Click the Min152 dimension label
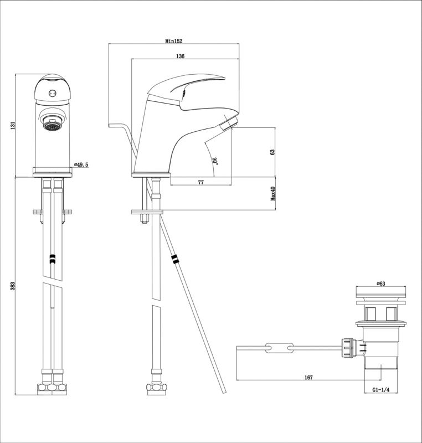(x=174, y=41)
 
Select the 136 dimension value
(x=180, y=56)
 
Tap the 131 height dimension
(x=12, y=126)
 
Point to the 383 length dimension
(x=12, y=286)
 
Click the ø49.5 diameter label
(x=81, y=164)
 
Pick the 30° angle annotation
(x=215, y=161)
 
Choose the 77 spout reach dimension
(x=200, y=182)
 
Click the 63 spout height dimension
(x=272, y=152)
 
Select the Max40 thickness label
(x=273, y=193)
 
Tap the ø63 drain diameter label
(x=381, y=284)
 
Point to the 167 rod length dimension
(x=308, y=378)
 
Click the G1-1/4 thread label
(x=380, y=390)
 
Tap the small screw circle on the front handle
(x=51, y=92)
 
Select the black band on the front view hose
(x=53, y=259)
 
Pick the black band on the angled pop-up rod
(x=174, y=259)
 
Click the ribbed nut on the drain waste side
(x=348, y=348)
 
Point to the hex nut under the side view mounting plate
(x=144, y=219)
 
